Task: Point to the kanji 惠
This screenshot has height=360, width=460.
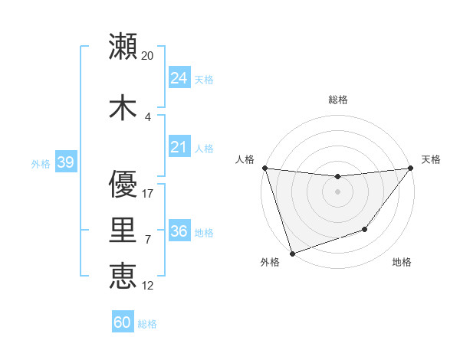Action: point(123,275)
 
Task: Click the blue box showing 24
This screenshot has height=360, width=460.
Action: point(179,78)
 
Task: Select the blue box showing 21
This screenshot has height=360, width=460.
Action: point(179,147)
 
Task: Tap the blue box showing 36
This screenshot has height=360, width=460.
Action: point(179,231)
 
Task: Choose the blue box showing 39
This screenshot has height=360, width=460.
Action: point(65,162)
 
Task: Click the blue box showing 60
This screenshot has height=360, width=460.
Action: point(123,322)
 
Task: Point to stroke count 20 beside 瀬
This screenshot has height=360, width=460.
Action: point(148,56)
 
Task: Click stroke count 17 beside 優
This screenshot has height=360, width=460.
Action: point(148,194)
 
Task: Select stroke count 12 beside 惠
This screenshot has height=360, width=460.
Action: point(148,286)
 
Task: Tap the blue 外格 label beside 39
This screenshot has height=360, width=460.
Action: point(41,163)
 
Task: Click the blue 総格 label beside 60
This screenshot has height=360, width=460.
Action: point(147,324)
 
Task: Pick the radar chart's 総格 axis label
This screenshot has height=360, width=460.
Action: point(337,100)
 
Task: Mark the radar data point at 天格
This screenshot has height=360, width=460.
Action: point(410,168)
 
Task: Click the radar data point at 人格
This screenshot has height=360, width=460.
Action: point(264,168)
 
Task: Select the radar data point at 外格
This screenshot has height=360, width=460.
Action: point(292,253)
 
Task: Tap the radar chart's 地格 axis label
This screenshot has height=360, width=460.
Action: point(402,263)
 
